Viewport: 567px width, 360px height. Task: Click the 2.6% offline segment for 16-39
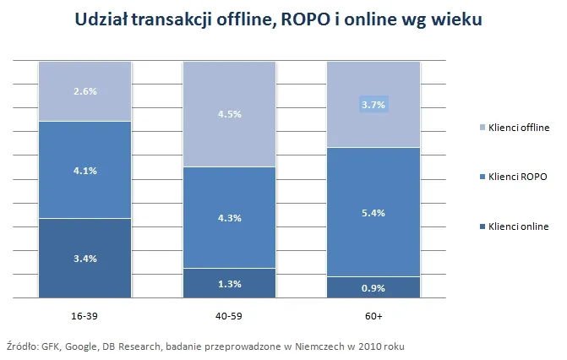point(85,91)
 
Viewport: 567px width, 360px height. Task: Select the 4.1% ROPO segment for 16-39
point(85,170)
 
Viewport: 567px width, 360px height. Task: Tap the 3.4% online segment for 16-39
point(85,258)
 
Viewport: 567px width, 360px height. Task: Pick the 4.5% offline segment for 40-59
point(229,114)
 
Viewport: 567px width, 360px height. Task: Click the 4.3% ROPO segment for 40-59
point(229,217)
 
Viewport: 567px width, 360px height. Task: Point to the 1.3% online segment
point(229,283)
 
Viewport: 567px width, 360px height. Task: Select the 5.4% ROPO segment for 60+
point(373,212)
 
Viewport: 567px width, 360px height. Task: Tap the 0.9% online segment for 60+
point(373,287)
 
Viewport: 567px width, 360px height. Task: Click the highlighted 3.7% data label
point(373,105)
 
